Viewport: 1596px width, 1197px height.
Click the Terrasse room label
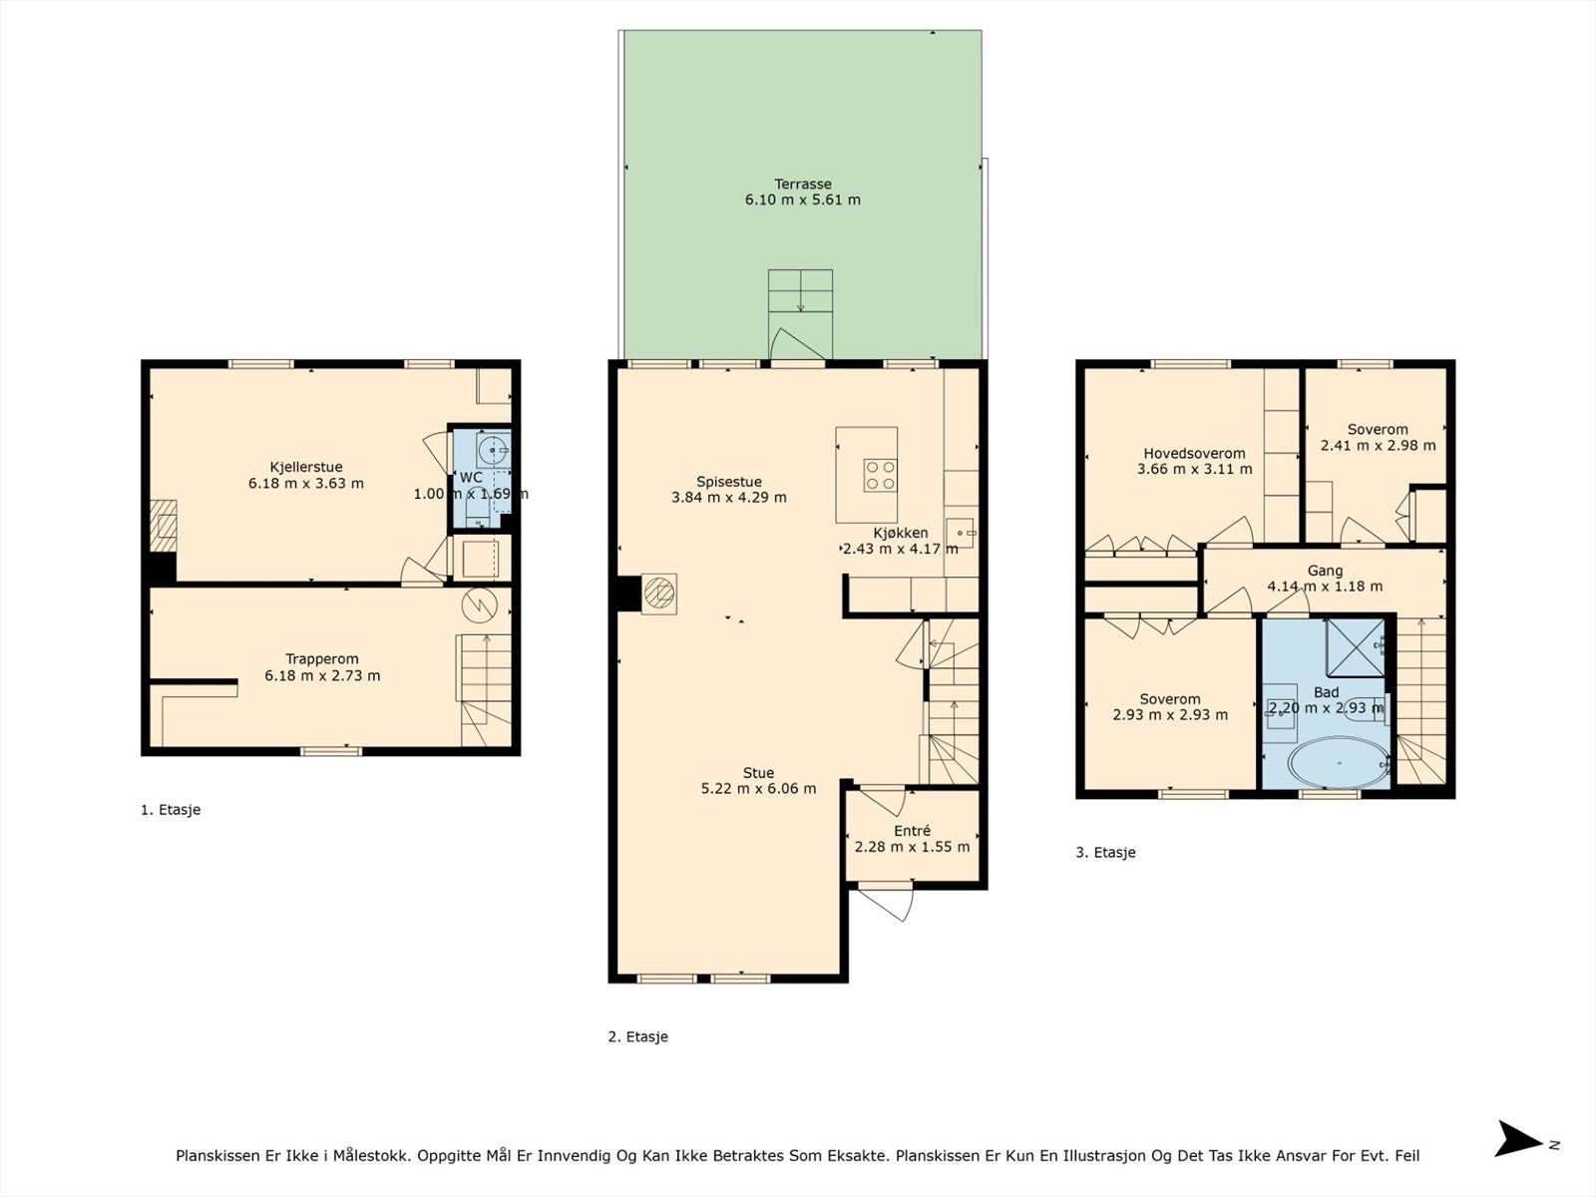coord(803,184)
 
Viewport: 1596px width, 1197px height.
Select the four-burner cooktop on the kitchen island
coord(880,476)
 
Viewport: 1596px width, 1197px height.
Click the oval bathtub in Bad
coord(1339,763)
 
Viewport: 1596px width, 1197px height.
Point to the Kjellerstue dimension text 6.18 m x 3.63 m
coord(306,484)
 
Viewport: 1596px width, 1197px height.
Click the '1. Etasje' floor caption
coord(171,810)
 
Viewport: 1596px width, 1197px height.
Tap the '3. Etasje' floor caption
coord(1105,853)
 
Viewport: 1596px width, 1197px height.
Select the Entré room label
coord(912,831)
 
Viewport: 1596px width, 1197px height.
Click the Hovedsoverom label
coord(1195,454)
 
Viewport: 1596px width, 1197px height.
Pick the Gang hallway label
coord(1325,571)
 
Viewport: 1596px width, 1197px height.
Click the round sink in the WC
coord(493,451)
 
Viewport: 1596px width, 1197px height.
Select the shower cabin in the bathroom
coord(1356,648)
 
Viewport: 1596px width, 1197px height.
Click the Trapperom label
coord(322,659)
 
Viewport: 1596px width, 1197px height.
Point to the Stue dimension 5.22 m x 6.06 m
coord(758,789)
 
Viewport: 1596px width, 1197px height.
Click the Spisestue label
coord(729,481)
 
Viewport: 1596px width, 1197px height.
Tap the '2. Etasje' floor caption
coord(637,1037)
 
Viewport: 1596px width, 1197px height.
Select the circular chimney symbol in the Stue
coord(659,593)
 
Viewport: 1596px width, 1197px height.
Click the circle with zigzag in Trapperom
coord(480,604)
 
